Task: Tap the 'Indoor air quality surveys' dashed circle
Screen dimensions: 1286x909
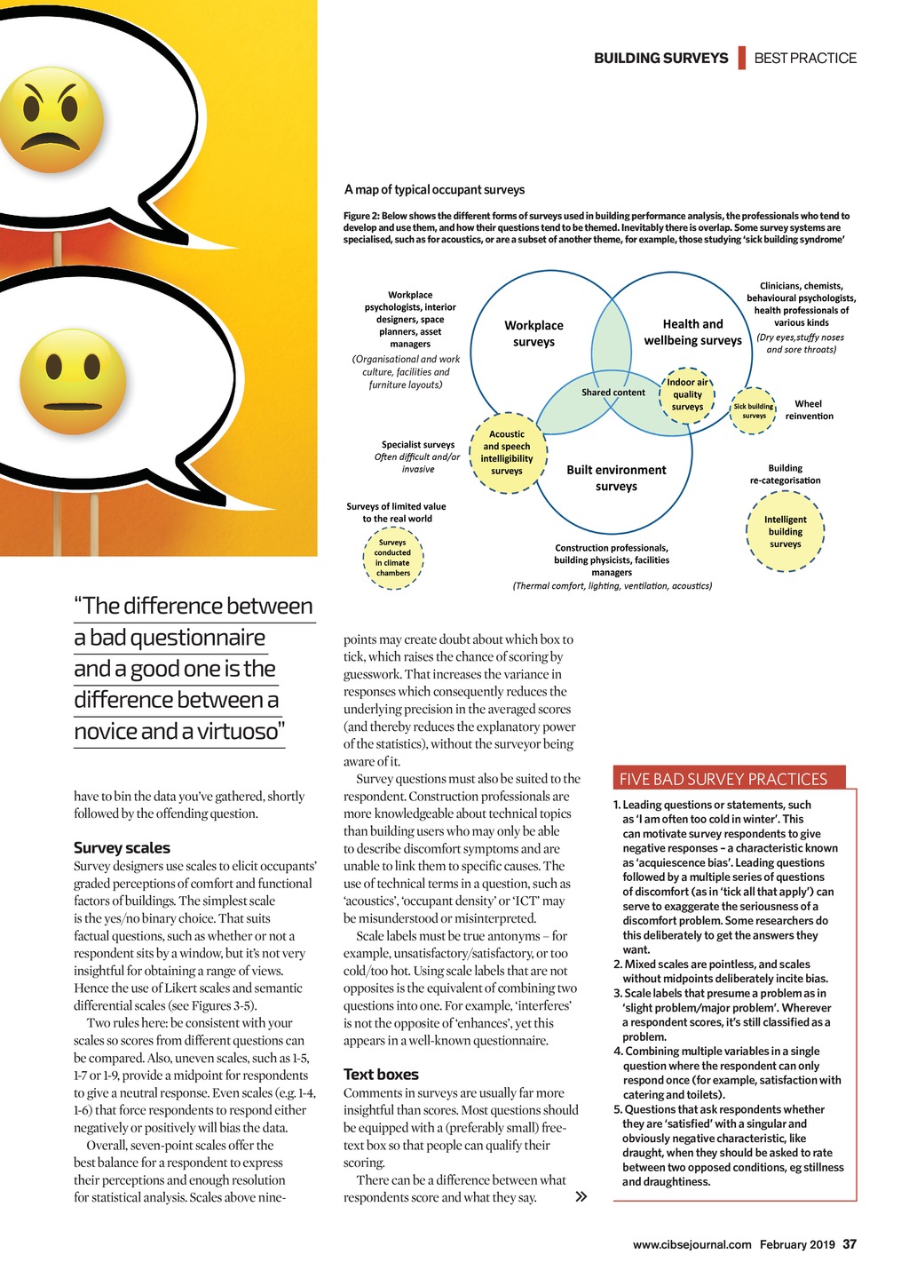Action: [687, 395]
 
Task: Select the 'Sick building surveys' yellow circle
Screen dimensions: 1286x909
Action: [754, 411]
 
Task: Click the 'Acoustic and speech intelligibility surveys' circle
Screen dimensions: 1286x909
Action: [507, 453]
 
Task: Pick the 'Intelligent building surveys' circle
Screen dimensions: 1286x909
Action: [786, 532]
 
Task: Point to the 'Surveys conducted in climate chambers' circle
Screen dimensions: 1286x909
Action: [392, 558]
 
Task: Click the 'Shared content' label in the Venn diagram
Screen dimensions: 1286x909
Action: [613, 393]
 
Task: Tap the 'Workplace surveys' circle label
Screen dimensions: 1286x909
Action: [534, 334]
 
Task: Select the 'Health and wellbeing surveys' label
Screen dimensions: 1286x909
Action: [692, 332]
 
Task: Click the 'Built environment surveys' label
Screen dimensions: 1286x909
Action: [616, 478]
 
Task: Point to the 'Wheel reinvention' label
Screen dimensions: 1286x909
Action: [809, 409]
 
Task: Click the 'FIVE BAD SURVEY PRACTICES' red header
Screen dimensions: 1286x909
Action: [723, 779]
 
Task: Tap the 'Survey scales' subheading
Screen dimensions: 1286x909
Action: [122, 848]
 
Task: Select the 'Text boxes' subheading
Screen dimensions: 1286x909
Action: [381, 1075]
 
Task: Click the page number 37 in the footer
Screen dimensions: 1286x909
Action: [850, 1244]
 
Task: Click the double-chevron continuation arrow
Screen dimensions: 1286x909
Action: [581, 1197]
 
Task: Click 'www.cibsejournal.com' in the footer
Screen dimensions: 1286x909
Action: [692, 1244]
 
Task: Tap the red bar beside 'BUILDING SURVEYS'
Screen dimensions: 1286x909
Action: [741, 58]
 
